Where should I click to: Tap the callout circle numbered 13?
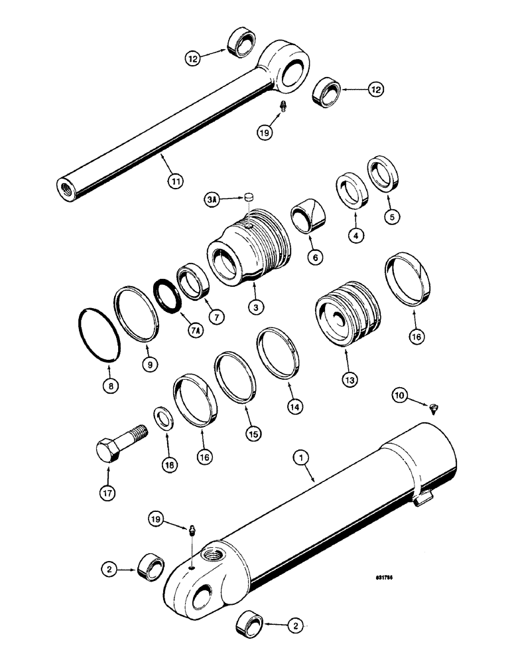click(x=349, y=380)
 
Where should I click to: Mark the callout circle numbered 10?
click(x=399, y=396)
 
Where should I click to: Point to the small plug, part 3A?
click(x=249, y=197)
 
